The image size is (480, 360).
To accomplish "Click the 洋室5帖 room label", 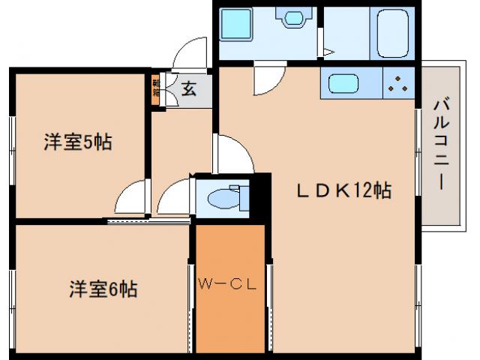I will [77, 141].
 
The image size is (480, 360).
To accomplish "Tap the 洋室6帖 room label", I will [103, 289].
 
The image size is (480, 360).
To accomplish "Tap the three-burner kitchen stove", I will [398, 83].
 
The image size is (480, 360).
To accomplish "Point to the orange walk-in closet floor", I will [229, 315].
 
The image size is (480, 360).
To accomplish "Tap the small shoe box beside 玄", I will [157, 89].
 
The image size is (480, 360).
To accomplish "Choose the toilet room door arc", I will [174, 196].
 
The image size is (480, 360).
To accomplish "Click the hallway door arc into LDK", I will [232, 153].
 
